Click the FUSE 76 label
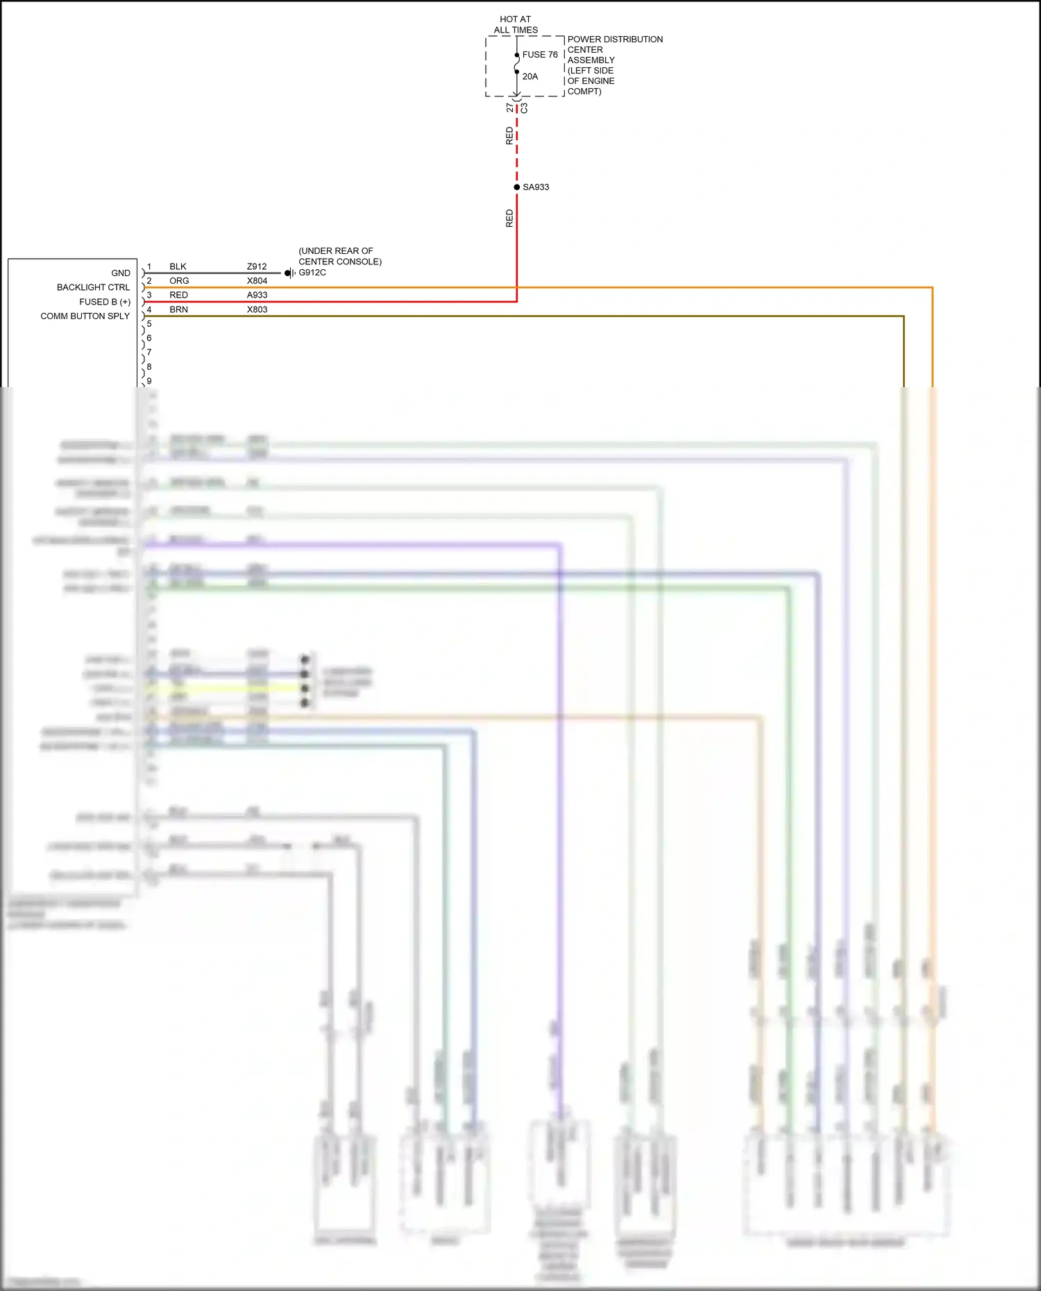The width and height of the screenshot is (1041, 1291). tap(539, 55)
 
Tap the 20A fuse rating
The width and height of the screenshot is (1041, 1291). tap(530, 77)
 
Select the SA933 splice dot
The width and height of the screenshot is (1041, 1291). tap(517, 187)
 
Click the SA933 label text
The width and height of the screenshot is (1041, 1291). tap(536, 187)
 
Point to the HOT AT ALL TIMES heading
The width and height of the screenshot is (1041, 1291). tap(516, 25)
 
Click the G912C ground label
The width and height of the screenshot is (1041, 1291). tap(312, 273)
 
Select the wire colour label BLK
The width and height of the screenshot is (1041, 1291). tap(178, 267)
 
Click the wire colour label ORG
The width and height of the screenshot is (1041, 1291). tap(179, 281)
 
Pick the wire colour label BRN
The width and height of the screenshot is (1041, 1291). tap(178, 310)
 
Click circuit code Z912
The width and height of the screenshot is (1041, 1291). tap(257, 267)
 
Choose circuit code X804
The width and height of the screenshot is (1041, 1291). tap(257, 281)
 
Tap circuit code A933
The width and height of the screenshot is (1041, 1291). tap(257, 296)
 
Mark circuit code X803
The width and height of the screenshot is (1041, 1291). tap(257, 310)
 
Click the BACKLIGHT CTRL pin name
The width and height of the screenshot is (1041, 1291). tap(93, 288)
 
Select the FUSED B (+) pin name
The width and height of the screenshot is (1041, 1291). tap(105, 302)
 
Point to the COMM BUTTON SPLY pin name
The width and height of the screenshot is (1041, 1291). tap(85, 316)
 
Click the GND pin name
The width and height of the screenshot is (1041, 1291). tap(121, 273)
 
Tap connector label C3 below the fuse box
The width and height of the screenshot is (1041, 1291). tap(524, 108)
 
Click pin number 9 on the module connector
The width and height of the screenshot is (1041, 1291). tap(149, 381)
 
